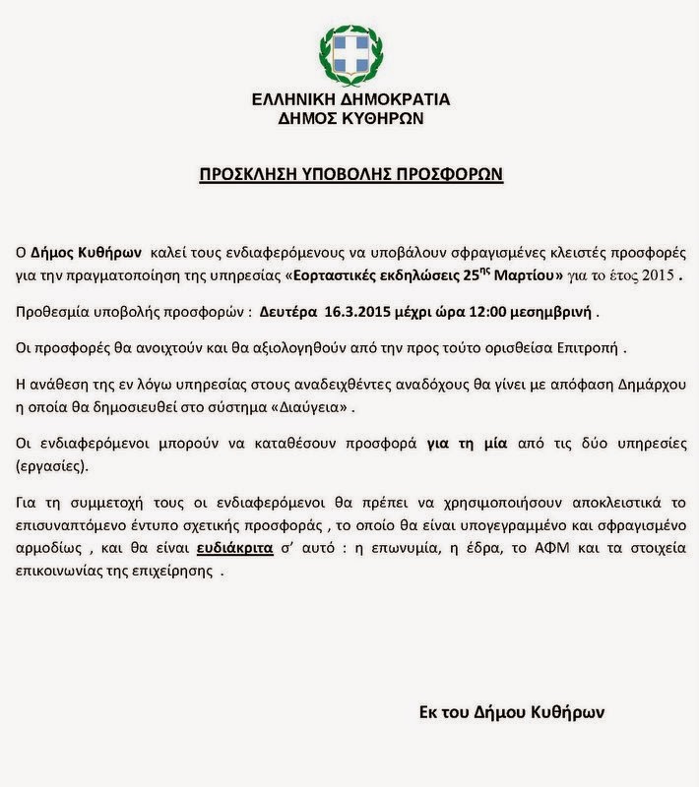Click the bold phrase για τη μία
(x=467, y=443)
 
